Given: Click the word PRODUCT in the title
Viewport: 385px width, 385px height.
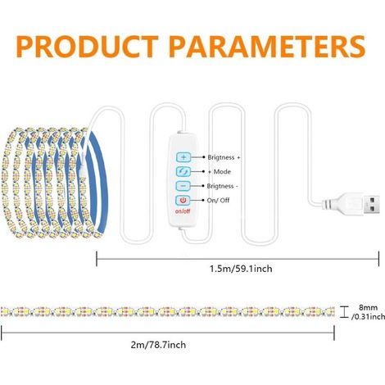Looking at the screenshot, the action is click(87, 47).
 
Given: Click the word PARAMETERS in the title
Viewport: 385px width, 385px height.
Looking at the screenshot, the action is click(267, 47).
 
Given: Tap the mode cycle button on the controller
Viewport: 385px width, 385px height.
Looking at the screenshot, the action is click(183, 171).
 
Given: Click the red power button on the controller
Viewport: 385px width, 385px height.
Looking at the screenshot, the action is click(183, 201).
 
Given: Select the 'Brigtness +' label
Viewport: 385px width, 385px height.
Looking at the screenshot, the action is click(224, 157).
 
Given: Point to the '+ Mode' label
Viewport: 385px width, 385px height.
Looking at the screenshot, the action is click(220, 172).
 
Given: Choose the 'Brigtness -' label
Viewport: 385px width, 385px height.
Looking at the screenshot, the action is click(222, 186).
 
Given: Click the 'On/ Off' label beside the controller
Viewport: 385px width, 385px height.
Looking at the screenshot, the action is click(218, 201).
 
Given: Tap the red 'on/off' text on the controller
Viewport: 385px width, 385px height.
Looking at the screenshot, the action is click(183, 211).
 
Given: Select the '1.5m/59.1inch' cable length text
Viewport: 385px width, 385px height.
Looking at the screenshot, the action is click(241, 269).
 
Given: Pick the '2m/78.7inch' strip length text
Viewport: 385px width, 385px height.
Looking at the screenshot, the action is click(158, 345).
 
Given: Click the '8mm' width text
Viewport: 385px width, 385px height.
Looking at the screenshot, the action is click(369, 307).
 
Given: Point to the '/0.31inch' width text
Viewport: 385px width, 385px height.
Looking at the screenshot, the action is click(368, 317).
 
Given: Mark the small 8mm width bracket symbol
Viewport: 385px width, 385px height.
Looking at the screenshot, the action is click(344, 312).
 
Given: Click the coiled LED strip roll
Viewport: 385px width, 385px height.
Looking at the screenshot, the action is click(55, 183).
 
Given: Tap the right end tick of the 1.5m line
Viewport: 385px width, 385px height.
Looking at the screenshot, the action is click(378, 259).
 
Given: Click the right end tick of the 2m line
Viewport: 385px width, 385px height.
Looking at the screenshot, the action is click(334, 333).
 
